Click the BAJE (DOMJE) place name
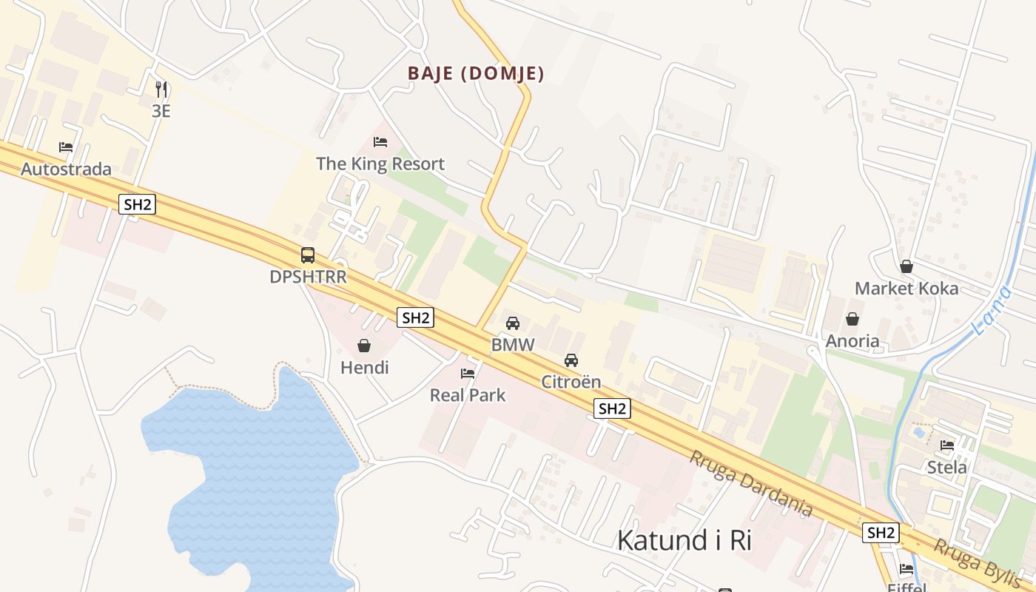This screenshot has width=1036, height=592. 476,74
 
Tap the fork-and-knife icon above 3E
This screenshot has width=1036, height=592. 161,90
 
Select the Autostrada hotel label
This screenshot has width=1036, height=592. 66,169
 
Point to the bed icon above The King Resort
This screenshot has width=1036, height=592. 380,142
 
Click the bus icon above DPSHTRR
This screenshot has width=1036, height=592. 308,255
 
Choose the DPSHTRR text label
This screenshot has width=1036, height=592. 308,277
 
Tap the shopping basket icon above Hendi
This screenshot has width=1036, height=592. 364,346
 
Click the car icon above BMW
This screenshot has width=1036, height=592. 513,323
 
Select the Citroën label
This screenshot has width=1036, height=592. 571,382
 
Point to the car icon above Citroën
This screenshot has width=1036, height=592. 571,360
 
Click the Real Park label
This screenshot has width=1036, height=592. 468,395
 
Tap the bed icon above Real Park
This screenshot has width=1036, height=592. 468,374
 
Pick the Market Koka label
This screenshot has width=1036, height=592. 906,289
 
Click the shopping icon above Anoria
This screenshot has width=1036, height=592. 852,319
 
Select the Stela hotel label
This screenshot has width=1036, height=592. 947,468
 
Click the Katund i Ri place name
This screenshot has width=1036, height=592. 684,541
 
